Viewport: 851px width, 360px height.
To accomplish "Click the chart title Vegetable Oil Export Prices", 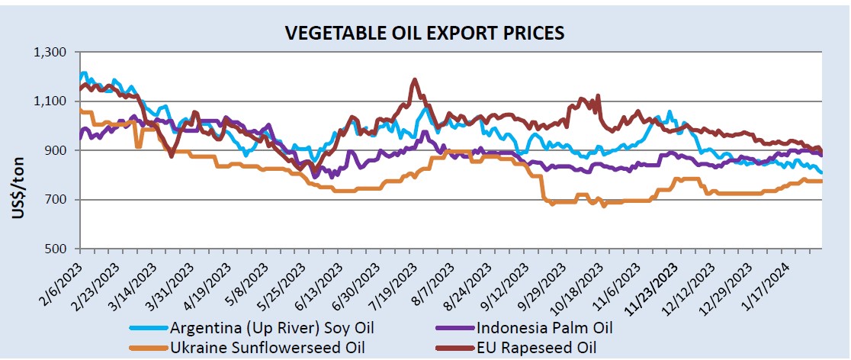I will click(424, 33).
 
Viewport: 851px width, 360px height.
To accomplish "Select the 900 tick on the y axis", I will click(59, 151).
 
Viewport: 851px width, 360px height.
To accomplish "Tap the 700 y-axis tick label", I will click(59, 200).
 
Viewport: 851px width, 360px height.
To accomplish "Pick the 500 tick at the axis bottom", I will click(59, 249).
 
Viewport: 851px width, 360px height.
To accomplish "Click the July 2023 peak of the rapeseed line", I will click(415, 79).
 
